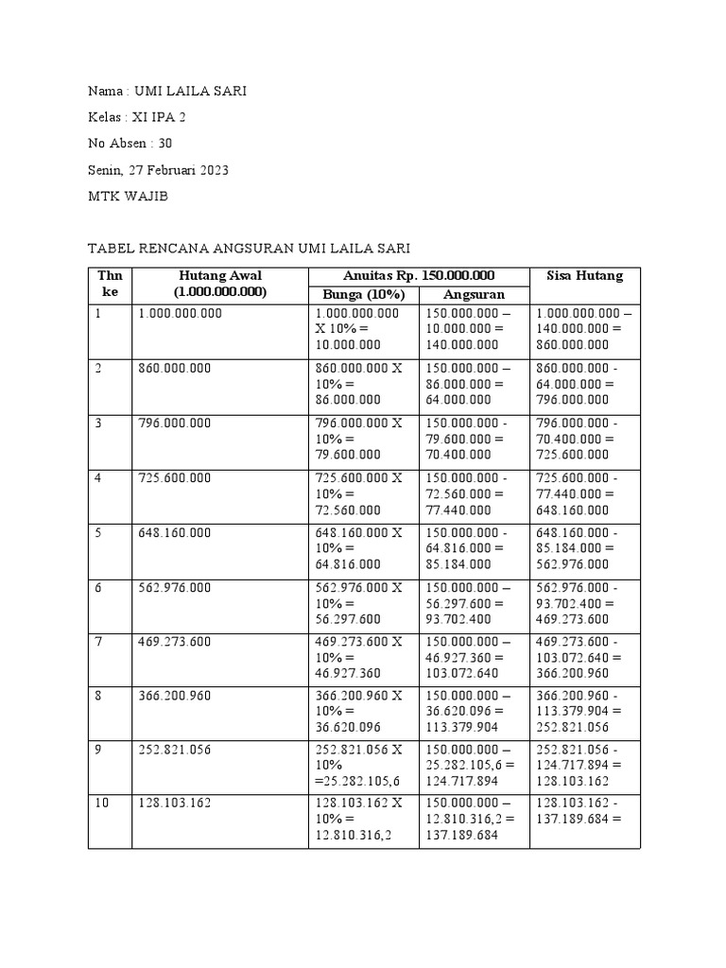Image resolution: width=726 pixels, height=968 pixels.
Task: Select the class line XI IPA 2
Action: click(143, 118)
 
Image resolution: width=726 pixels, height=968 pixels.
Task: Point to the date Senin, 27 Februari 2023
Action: click(158, 170)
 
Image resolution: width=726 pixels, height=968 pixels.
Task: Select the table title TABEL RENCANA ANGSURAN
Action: click(249, 249)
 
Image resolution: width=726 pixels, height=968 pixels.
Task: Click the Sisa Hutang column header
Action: click(584, 276)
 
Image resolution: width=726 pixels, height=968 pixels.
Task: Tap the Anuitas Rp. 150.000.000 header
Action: click(418, 276)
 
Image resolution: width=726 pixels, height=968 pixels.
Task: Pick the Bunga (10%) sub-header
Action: click(363, 294)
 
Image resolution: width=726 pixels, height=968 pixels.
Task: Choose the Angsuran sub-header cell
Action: click(474, 294)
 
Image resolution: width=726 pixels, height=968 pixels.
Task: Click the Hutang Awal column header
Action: click(219, 284)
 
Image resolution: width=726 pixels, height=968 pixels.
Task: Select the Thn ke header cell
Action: click(110, 284)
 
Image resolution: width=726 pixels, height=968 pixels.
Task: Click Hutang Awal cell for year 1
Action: click(181, 313)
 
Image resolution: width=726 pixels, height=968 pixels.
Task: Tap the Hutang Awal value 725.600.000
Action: click(175, 478)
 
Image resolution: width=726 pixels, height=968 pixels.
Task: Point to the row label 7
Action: click(98, 643)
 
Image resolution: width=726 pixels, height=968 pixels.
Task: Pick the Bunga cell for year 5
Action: click(362, 549)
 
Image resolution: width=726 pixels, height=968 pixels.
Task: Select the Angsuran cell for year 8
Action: click(473, 713)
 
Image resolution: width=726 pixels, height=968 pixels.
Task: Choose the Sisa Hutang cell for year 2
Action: click(584, 385)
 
